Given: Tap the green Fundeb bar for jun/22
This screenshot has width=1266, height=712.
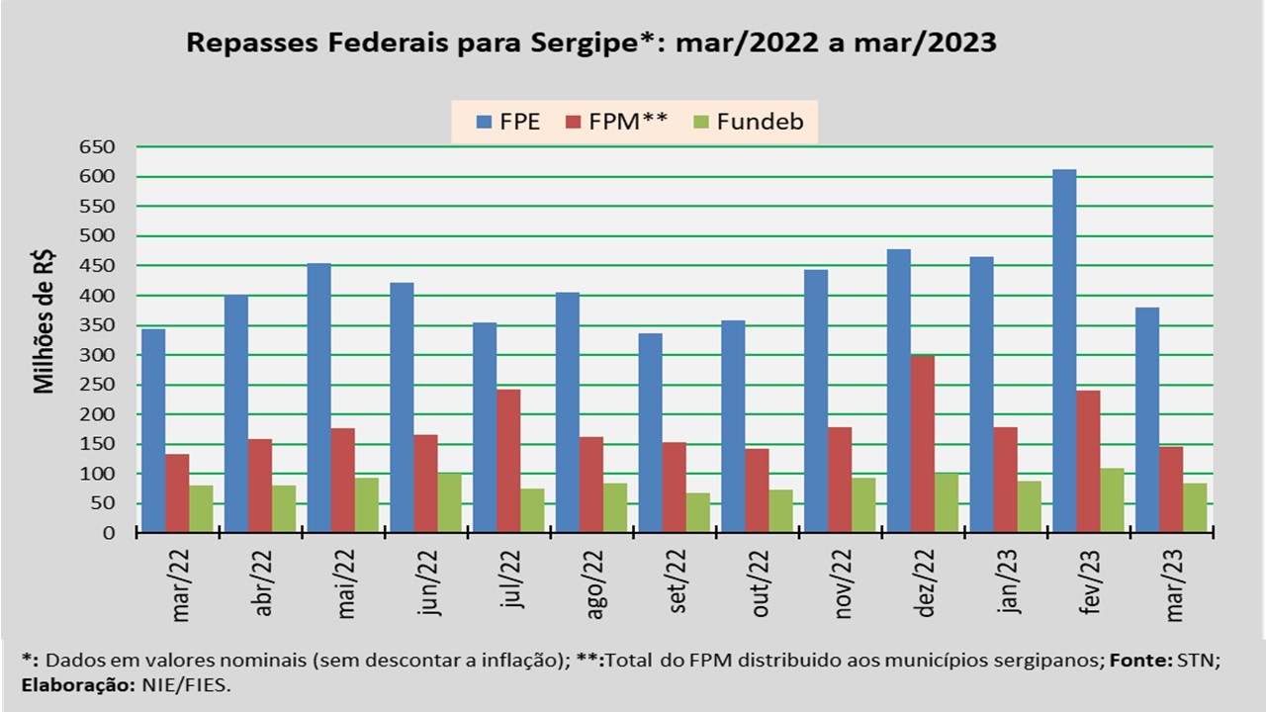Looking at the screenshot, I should (450, 503).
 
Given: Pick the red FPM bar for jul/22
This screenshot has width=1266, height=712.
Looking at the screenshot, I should (508, 461).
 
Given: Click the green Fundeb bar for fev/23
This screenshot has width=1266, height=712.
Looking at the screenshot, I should (1112, 500).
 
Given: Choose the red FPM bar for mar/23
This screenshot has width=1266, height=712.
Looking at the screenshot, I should (1171, 489).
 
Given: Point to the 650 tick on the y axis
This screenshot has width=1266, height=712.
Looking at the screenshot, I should (98, 147).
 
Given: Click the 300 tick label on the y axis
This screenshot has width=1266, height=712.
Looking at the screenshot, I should (98, 355).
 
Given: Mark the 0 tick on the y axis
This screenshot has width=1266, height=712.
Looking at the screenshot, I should (109, 533).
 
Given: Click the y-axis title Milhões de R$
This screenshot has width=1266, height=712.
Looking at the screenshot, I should (45, 321).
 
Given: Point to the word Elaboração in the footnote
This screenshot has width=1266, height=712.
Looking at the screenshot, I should (68, 684).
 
